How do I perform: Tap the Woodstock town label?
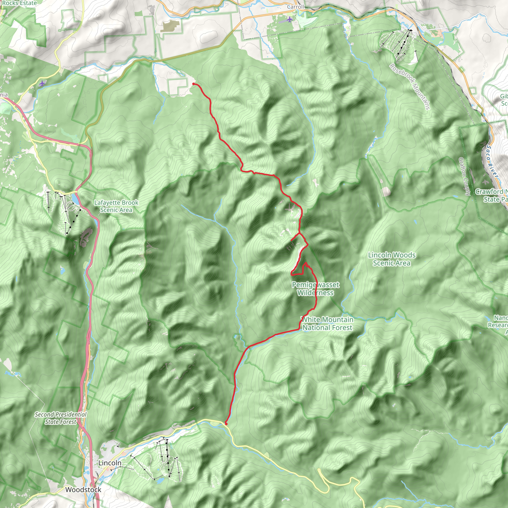click(83, 490)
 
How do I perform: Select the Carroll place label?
click(295, 7)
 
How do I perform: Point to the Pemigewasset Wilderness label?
click(316, 288)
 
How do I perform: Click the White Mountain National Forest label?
click(327, 323)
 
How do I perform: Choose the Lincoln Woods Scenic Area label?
click(391, 259)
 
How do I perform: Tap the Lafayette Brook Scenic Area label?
click(116, 206)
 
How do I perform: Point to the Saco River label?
click(492, 161)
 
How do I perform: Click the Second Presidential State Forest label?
click(61, 418)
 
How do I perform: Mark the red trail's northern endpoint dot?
click(193, 84)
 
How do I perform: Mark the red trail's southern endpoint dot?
click(226, 424)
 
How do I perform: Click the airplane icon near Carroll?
click(289, 19)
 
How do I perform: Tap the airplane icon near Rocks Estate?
click(42, 83)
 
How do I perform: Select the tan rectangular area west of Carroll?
click(171, 27)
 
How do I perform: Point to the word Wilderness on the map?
click(316, 293)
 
